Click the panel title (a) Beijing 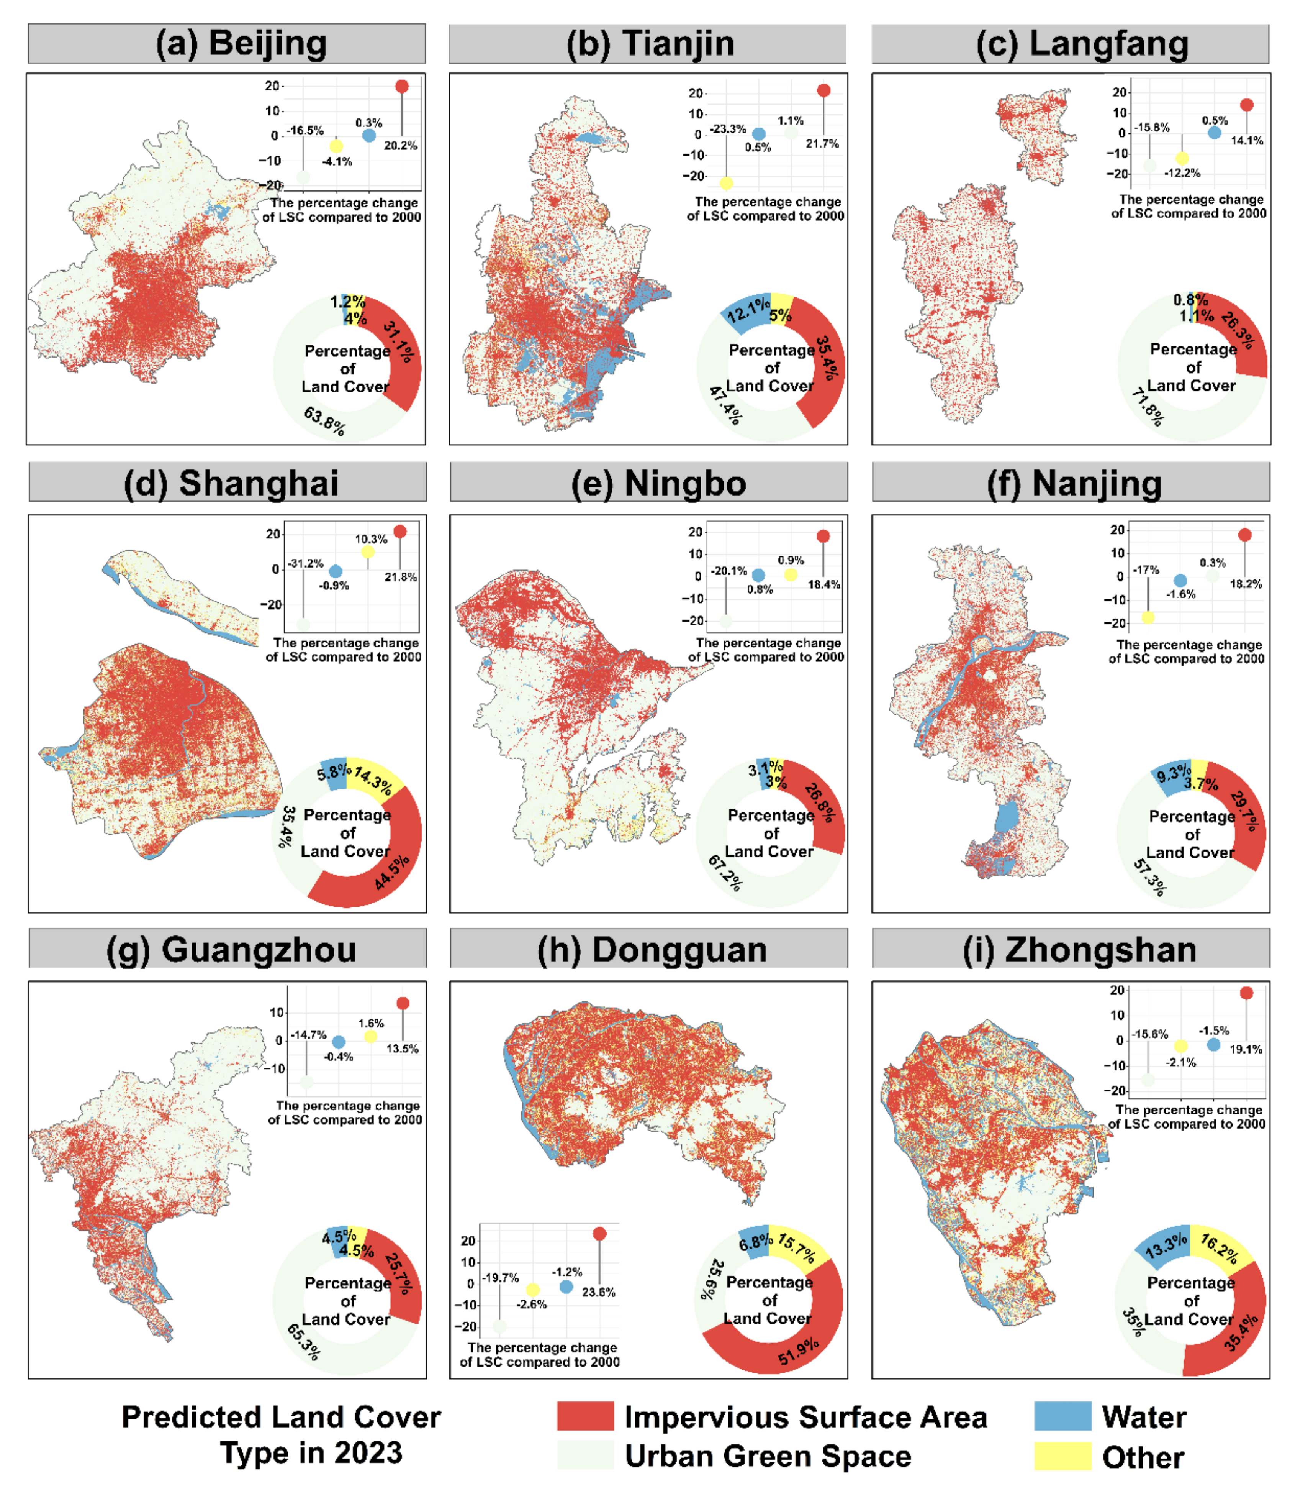[241, 43]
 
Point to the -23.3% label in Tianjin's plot [728, 129]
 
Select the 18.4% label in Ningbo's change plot [823, 584]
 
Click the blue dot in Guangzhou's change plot [338, 1042]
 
